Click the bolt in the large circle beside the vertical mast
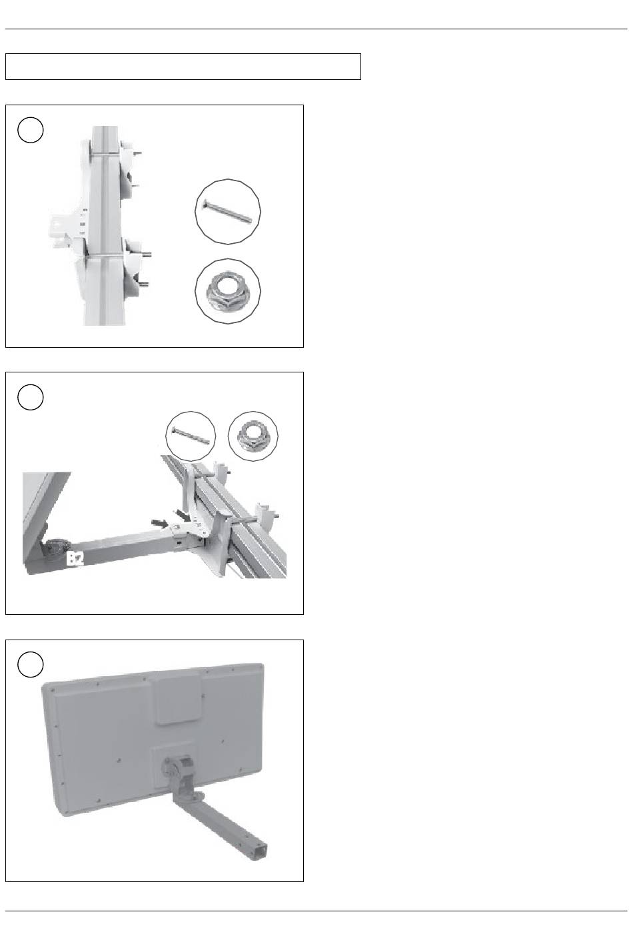(228, 211)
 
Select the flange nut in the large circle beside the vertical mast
(228, 290)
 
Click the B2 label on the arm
(75, 559)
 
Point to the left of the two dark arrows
(159, 522)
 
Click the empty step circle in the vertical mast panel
(31, 130)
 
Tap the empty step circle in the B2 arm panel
(31, 397)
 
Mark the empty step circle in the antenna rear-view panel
(31, 664)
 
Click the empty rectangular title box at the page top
(183, 67)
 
